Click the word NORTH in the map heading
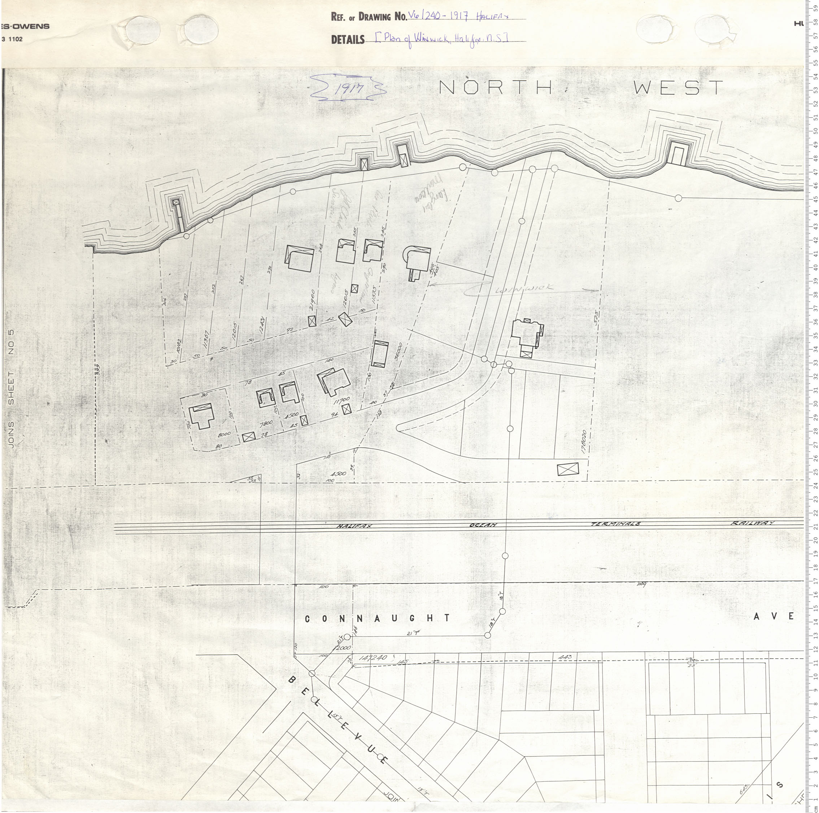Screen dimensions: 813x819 click(x=496, y=88)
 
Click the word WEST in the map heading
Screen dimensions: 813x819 click(x=678, y=88)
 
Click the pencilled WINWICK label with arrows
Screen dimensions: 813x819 click(x=522, y=289)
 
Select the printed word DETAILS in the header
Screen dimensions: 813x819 click(x=348, y=40)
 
